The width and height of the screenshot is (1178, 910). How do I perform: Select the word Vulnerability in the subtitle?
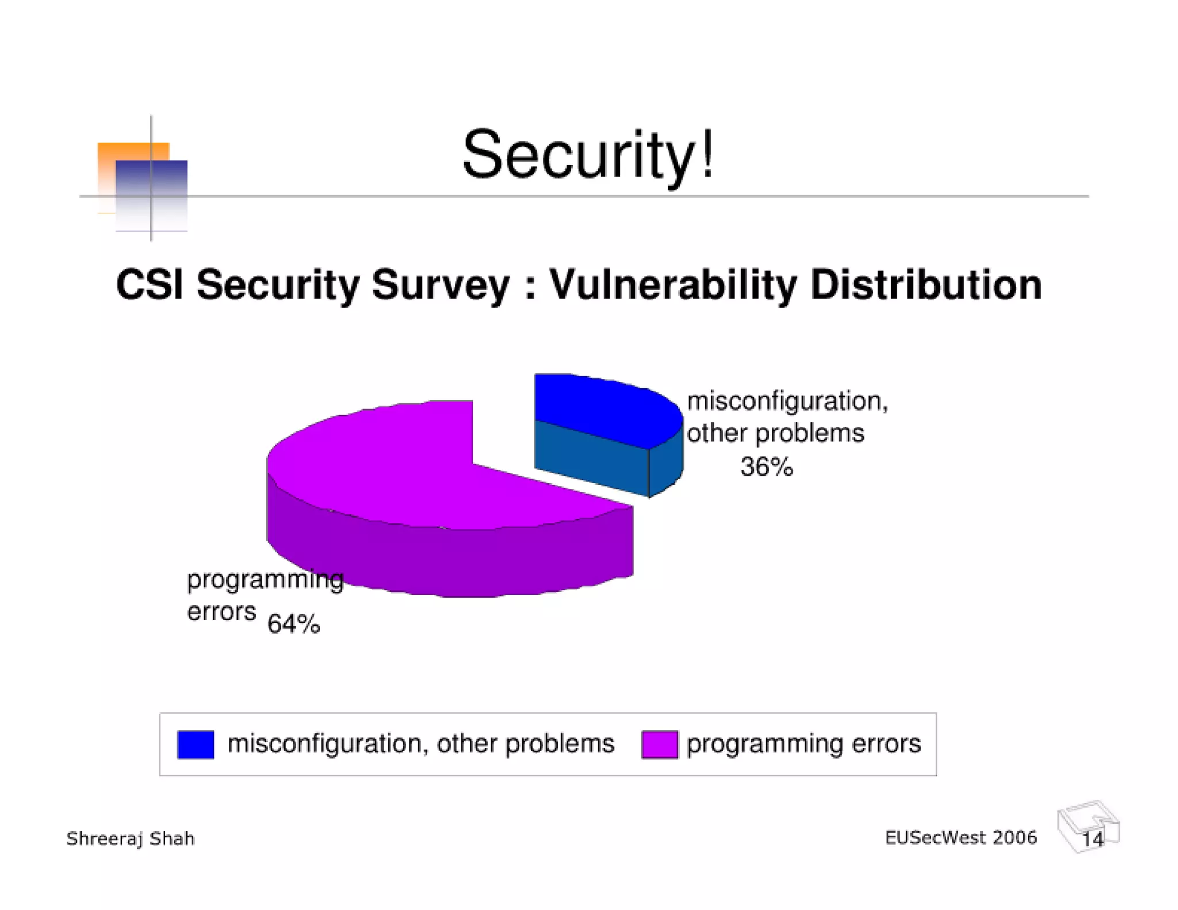[x=673, y=285]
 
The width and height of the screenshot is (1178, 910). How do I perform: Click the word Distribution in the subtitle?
[x=925, y=285]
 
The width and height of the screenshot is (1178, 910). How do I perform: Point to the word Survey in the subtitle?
[x=440, y=285]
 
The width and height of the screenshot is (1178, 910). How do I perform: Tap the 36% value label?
[x=766, y=467]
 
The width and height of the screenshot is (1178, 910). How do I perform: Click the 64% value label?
[x=293, y=624]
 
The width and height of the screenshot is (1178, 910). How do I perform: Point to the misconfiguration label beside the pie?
[x=787, y=401]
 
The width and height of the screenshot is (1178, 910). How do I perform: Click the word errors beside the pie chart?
[x=221, y=611]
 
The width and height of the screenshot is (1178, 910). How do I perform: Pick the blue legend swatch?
[x=196, y=744]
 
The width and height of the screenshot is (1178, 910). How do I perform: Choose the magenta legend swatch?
[x=659, y=744]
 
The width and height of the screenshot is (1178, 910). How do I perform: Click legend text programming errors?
[x=804, y=744]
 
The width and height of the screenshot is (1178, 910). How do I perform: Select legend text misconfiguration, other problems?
[x=421, y=744]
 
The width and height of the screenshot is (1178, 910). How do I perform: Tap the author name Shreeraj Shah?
[x=131, y=839]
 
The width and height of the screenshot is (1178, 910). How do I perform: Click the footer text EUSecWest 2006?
[x=961, y=838]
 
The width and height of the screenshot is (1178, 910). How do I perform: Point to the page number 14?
[x=1092, y=839]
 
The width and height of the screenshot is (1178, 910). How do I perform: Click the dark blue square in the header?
[x=167, y=184]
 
